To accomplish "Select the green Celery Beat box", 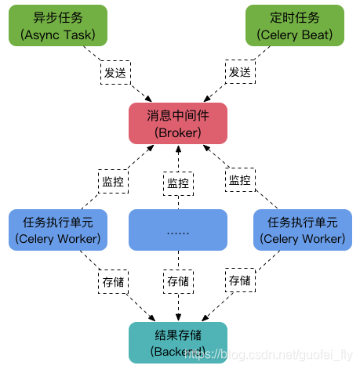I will [294, 25].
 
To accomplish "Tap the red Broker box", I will [178, 124].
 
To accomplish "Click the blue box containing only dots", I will [178, 230].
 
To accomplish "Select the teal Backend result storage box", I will [178, 342].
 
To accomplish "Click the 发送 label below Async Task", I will [115, 72].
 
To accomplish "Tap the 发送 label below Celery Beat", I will [240, 72].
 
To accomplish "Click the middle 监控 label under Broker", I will [178, 183].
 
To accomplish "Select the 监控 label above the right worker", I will [240, 180].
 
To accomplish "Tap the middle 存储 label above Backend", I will [178, 280].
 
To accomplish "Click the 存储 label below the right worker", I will [240, 280].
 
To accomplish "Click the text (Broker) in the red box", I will [178, 132].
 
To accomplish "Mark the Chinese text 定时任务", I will [294, 16].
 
